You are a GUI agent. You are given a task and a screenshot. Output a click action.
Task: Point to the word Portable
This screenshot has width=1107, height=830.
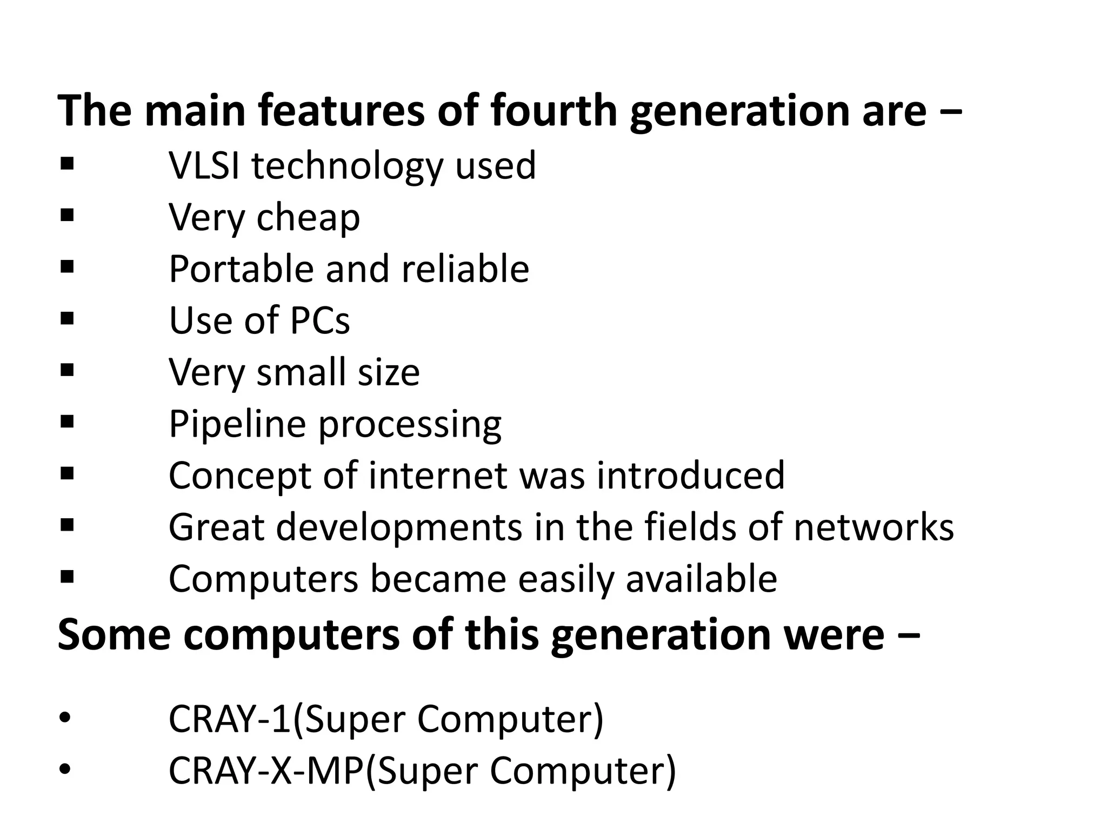(x=241, y=269)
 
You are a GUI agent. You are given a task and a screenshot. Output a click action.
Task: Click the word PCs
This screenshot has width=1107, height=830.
(x=320, y=320)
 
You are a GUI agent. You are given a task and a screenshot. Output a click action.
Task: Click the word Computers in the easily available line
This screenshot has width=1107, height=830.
(x=263, y=579)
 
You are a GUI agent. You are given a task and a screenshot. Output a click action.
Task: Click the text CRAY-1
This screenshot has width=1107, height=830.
(x=230, y=719)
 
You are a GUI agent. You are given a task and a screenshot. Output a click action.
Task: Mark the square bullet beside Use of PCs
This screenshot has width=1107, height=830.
(x=67, y=319)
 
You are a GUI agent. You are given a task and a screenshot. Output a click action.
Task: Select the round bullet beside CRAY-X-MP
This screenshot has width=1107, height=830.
(x=64, y=771)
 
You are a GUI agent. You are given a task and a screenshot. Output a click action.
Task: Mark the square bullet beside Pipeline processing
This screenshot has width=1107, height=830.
(x=67, y=421)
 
